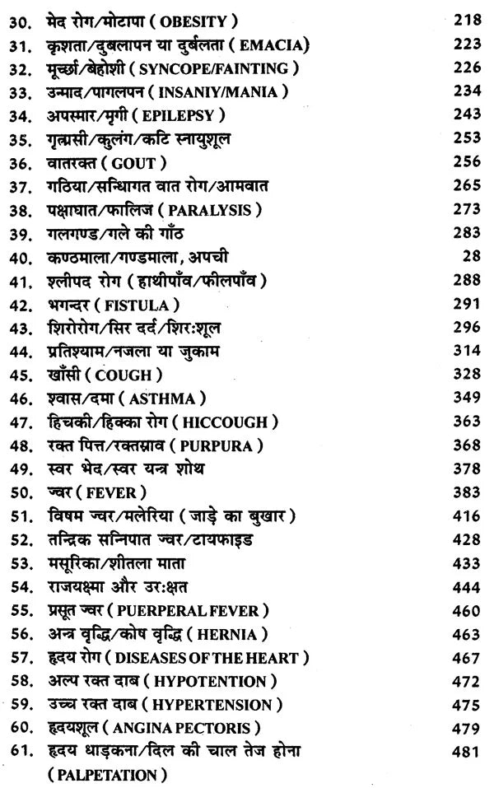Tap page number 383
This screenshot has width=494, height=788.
click(x=465, y=493)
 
